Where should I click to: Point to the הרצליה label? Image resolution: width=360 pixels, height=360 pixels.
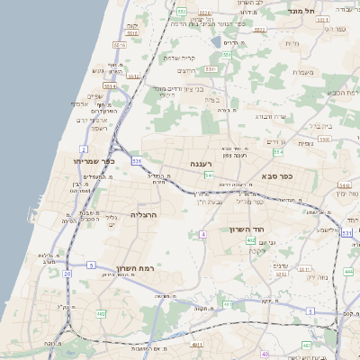click(145, 215)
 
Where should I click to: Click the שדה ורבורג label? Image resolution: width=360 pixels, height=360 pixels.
click(269, 116)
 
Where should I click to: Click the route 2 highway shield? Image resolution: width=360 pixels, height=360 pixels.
click(84, 148)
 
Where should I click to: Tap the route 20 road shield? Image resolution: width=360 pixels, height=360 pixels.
click(67, 273)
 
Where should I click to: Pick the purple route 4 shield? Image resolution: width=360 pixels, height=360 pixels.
click(203, 234)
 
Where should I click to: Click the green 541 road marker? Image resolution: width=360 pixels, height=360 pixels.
click(208, 175)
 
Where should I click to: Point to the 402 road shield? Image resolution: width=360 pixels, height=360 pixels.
click(251, 240)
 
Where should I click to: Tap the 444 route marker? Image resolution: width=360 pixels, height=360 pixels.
click(348, 271)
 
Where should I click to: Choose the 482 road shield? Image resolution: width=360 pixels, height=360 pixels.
click(101, 313)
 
